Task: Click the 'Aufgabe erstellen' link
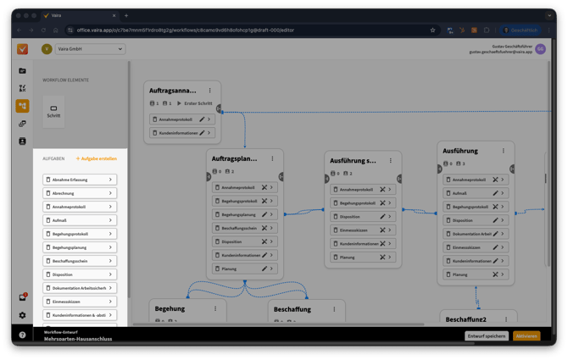pos(97,158)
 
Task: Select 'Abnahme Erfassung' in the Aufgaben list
pos(80,180)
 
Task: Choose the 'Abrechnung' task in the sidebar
pos(80,193)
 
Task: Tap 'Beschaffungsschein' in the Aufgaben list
pos(80,261)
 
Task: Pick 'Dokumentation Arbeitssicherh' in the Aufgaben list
pos(80,288)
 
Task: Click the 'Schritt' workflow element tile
pos(53,111)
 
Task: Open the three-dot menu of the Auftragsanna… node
pos(209,90)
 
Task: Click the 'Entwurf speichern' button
pos(487,336)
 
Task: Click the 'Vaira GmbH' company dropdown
pos(89,49)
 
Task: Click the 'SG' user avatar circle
pos(541,50)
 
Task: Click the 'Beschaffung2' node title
pos(467,318)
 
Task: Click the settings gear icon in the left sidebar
pos(23,315)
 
